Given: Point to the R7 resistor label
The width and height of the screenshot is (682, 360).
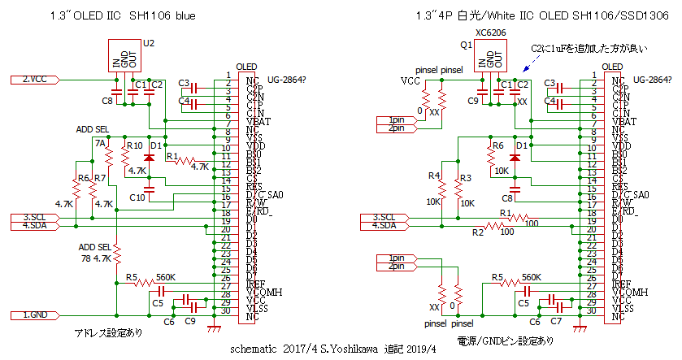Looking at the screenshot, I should click(99, 177).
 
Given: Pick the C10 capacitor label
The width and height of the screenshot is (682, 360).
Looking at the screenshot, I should click(137, 197).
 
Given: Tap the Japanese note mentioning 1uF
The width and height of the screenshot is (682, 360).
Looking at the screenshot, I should click(588, 50).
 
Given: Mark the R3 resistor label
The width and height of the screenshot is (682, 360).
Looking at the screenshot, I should click(465, 177).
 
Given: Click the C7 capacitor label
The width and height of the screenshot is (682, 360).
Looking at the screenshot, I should click(558, 322).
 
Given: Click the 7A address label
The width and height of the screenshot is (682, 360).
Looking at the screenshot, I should click(99, 143).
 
